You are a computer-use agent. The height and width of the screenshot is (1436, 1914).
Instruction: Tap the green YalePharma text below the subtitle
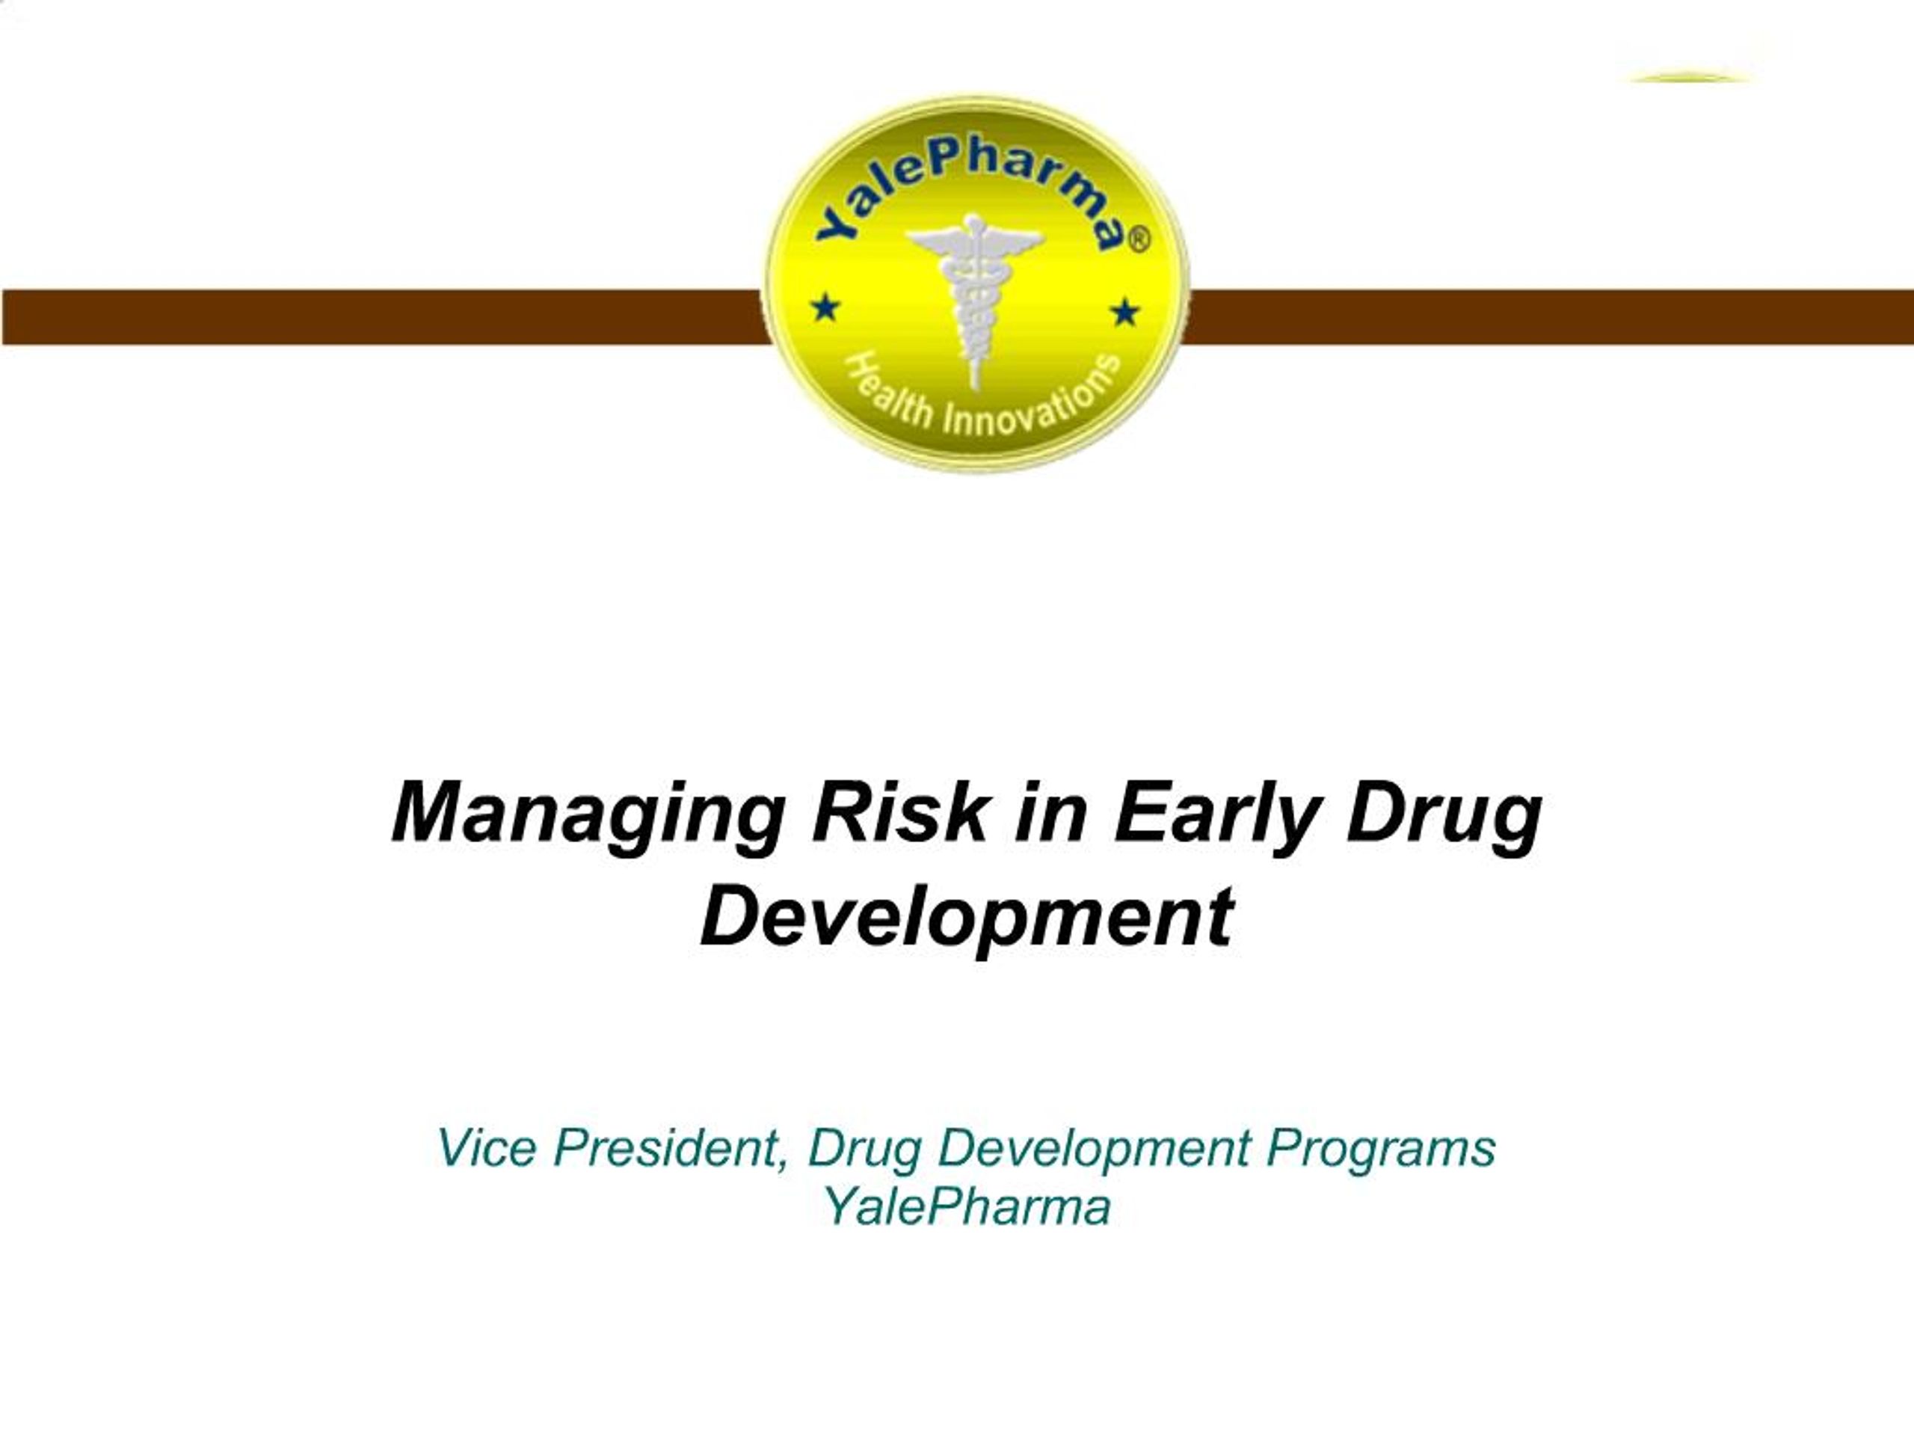coord(967,1206)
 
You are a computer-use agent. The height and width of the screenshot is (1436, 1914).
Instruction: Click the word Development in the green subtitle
coord(1093,1150)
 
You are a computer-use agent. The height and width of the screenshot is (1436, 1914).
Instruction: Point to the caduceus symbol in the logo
coord(973,294)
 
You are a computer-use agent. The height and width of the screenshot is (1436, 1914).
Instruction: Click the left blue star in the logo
coord(826,307)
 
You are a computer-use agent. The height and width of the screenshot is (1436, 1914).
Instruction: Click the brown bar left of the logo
coord(381,317)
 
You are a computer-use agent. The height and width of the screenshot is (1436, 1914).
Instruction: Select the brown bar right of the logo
coord(1549,317)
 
